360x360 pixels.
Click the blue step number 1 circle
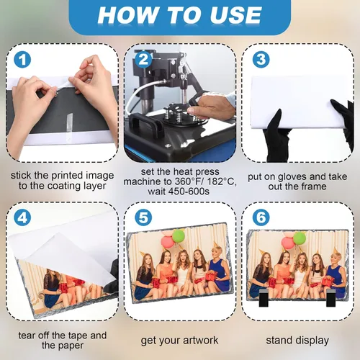(x=22, y=59)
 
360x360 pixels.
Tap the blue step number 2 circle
(x=143, y=59)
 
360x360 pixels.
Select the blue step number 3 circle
(x=261, y=59)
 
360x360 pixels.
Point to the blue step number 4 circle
(x=22, y=217)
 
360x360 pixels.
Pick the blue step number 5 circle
(x=143, y=217)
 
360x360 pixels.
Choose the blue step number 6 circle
(x=261, y=217)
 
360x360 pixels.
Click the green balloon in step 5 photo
(x=179, y=235)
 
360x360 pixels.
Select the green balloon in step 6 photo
(x=300, y=238)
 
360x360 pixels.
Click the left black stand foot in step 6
(x=264, y=298)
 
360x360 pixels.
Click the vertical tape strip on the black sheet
(x=69, y=122)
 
